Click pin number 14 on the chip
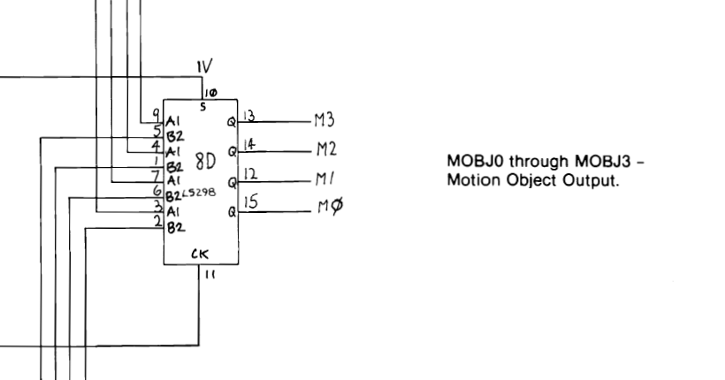[x=250, y=142]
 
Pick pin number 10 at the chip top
[x=209, y=92]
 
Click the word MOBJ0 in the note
[x=473, y=163]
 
